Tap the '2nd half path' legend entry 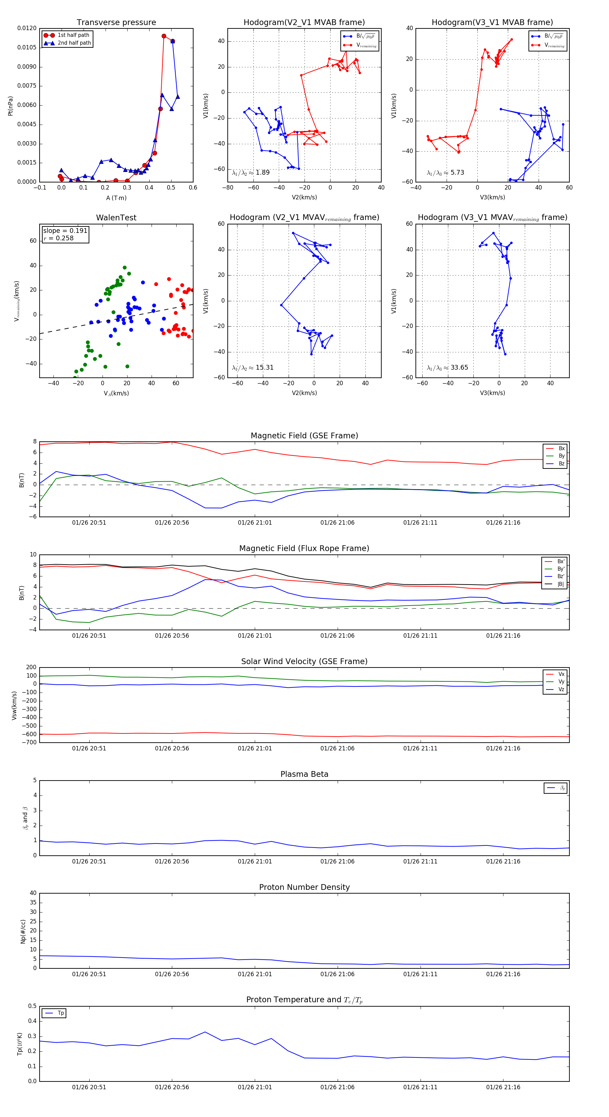(74, 43)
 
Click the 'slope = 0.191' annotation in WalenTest (65, 231)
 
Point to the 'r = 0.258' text (59, 238)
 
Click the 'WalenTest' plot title (116, 218)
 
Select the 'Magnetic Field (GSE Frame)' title (304, 436)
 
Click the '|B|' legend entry (561, 584)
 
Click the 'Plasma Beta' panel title (304, 774)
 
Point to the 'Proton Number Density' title (304, 887)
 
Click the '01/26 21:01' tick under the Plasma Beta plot (255, 861)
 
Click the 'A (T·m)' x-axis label (116, 198)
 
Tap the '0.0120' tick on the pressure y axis (27, 28)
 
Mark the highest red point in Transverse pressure (164, 36)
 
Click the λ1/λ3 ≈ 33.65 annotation (447, 368)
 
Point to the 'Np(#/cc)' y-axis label (23, 932)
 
